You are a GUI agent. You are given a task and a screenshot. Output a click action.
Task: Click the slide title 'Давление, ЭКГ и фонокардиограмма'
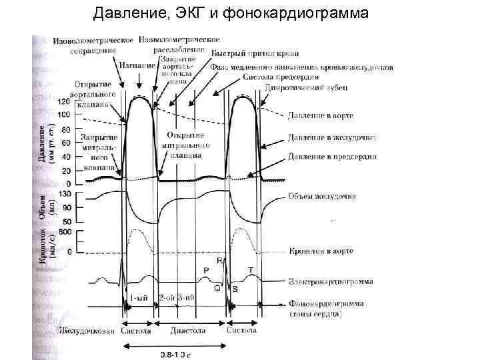click(230, 13)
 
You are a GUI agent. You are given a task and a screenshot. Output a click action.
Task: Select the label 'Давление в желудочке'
click(332, 137)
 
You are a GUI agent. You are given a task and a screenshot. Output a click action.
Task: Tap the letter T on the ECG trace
click(251, 269)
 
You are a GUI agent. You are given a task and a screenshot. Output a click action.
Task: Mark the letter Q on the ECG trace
click(216, 289)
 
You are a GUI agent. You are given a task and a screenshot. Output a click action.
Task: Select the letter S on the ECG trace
click(235, 289)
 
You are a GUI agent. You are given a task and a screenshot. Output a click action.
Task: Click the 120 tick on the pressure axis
click(64, 101)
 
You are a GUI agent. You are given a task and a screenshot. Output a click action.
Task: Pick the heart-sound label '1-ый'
click(139, 298)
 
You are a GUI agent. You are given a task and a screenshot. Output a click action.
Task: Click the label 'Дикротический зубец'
click(304, 87)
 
